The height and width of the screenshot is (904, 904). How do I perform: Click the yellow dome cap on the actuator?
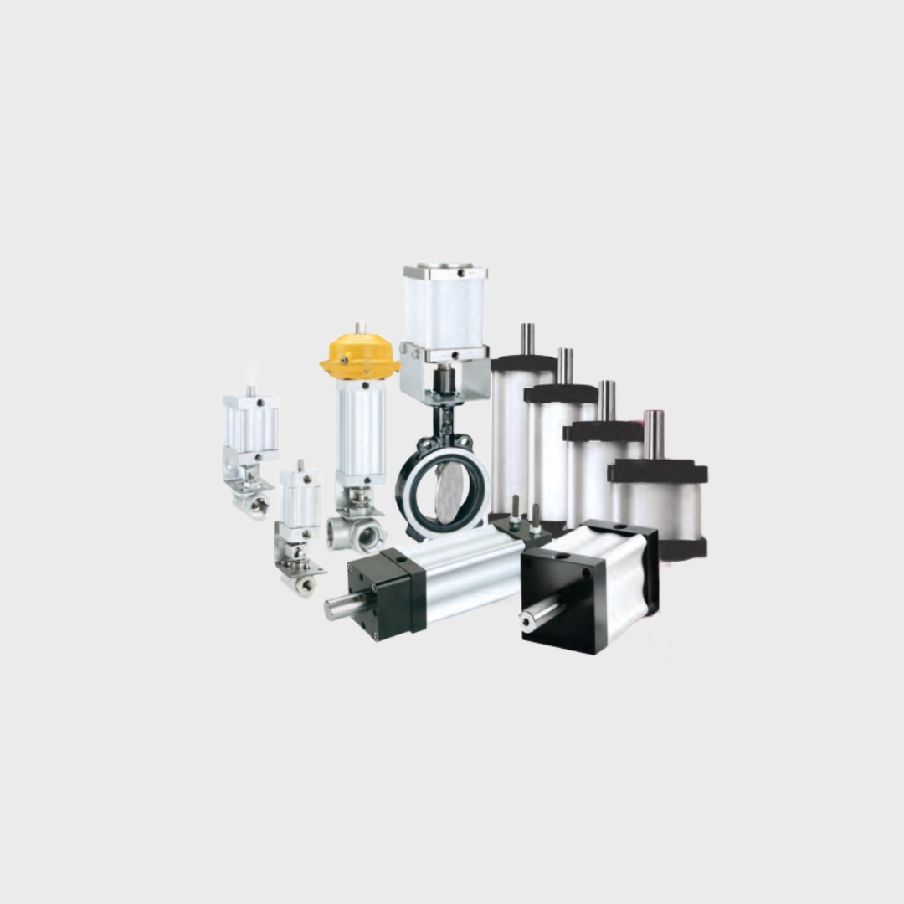click(360, 356)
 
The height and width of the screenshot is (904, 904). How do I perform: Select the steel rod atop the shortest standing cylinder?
click(654, 434)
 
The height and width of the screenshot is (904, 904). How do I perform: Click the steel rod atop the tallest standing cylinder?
click(527, 339)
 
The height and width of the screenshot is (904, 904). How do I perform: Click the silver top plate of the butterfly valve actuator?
click(444, 272)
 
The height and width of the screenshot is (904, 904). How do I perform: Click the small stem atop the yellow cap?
click(359, 328)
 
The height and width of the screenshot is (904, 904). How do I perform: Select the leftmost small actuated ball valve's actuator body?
click(250, 427)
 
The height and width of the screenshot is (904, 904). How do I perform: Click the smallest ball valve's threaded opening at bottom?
click(306, 584)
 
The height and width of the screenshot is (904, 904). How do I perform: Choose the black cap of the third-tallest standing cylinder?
click(603, 432)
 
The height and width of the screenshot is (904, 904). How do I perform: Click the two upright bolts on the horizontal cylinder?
click(525, 514)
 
